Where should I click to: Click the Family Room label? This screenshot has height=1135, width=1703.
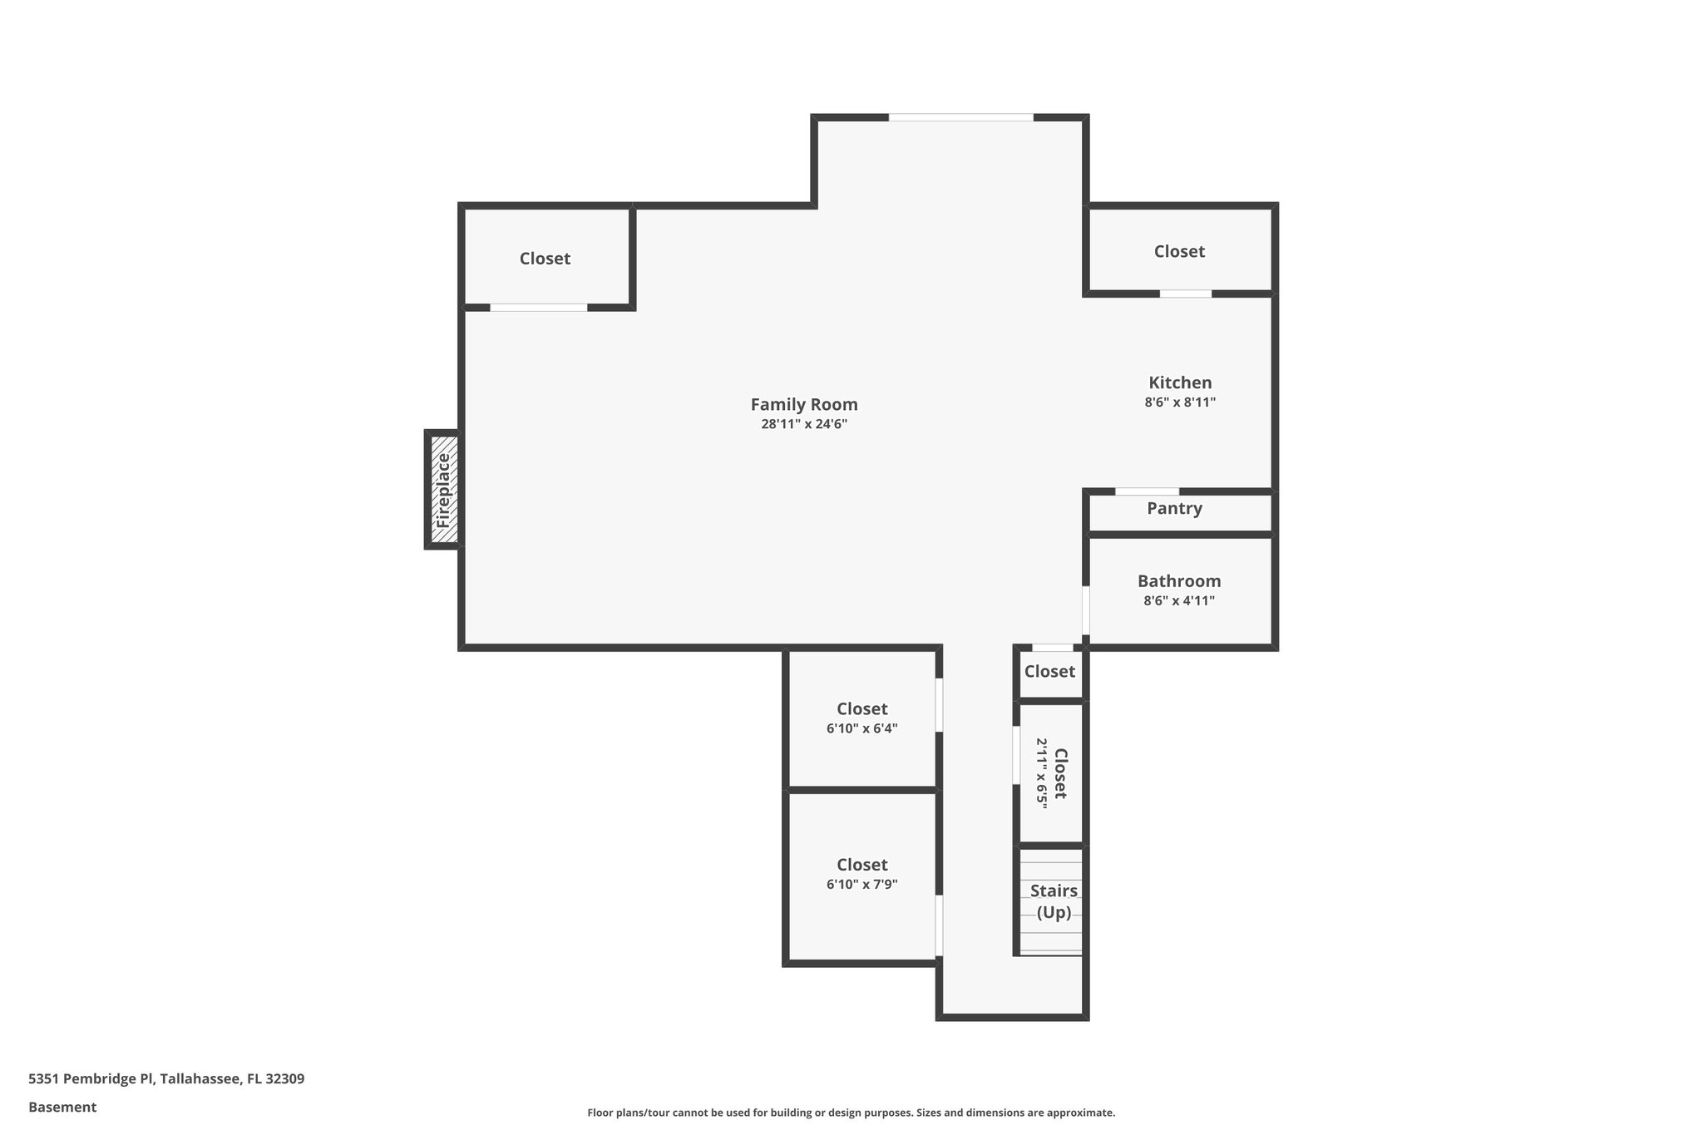[803, 404]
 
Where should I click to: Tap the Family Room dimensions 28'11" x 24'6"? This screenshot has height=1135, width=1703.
[803, 424]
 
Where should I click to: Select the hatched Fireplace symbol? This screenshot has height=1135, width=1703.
[443, 490]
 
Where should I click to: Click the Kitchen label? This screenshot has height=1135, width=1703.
[1180, 382]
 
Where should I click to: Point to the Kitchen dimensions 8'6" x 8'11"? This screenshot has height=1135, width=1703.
[1180, 402]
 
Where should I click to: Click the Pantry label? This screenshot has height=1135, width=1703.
[1174, 508]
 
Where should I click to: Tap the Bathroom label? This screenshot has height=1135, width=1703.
[1179, 581]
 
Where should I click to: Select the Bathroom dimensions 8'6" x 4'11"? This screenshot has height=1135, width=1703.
[1179, 600]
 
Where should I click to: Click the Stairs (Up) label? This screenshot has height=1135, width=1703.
[1054, 901]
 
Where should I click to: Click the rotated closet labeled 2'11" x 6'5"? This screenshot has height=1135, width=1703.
[1051, 773]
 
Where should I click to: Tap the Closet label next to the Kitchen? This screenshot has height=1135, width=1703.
[1179, 251]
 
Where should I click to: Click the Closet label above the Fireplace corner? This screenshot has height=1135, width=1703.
[545, 259]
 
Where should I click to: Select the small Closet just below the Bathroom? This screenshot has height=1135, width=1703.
[1049, 671]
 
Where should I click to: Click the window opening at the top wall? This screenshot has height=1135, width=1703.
[960, 118]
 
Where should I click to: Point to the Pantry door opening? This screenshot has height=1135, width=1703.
[1147, 491]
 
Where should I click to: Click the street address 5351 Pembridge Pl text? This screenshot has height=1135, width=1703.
[166, 1078]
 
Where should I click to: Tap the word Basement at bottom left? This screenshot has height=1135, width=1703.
[62, 1107]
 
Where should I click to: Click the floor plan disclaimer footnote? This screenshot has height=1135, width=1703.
[851, 1113]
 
